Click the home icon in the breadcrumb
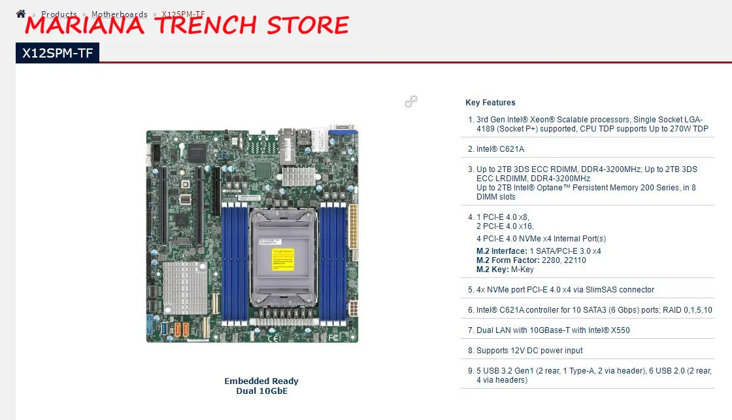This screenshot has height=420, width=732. tap(21, 14)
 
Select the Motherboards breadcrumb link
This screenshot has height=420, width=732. tap(120, 14)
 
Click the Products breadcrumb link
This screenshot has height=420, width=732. tap(59, 14)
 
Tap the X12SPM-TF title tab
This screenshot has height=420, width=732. tap(58, 54)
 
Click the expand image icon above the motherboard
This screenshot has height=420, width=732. tap(411, 101)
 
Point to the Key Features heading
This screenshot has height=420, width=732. tap(490, 103)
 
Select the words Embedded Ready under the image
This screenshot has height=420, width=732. tap(261, 381)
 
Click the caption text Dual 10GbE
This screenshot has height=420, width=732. tap(261, 391)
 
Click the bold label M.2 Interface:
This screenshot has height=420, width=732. tap(502, 251)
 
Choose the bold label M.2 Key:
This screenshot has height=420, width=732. tap(491, 270)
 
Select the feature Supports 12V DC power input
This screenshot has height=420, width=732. tap(529, 351)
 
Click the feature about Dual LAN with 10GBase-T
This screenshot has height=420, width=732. tap(553, 330)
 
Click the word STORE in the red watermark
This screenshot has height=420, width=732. tap(308, 26)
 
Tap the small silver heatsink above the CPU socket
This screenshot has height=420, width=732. tap(299, 176)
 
